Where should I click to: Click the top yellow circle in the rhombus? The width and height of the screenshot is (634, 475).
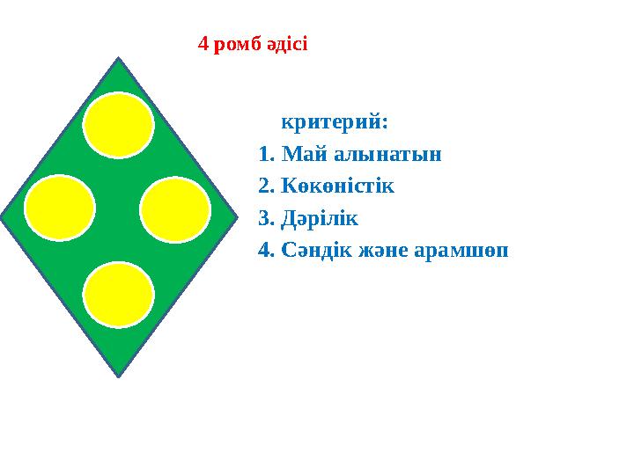pyautogui.click(x=119, y=125)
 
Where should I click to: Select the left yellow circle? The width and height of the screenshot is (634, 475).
pyautogui.click(x=60, y=208)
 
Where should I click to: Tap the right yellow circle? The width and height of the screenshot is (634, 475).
pyautogui.click(x=175, y=210)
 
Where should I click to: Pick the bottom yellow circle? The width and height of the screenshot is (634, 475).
pyautogui.click(x=119, y=295)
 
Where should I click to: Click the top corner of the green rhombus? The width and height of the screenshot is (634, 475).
pyautogui.click(x=118, y=60)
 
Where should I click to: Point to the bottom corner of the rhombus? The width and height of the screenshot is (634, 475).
pyautogui.click(x=118, y=376)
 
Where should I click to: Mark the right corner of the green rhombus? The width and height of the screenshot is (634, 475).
pyautogui.click(x=238, y=213)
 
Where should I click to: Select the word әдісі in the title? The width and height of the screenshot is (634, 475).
pyautogui.click(x=287, y=43)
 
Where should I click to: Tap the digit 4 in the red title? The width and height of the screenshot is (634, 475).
pyautogui.click(x=203, y=43)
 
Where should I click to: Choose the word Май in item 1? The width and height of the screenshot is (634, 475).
pyautogui.click(x=304, y=155)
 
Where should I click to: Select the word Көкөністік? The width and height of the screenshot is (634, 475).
pyautogui.click(x=339, y=186)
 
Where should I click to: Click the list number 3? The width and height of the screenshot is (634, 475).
pyautogui.click(x=265, y=217)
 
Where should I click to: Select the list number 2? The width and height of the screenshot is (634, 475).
pyautogui.click(x=265, y=186)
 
